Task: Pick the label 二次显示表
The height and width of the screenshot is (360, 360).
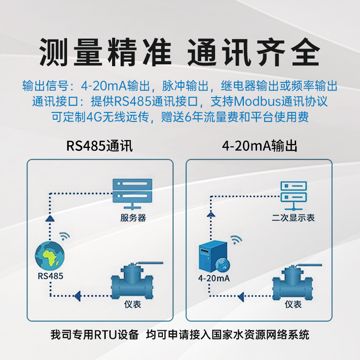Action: (x=293, y=218)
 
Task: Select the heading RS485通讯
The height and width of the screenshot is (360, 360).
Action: (x=99, y=147)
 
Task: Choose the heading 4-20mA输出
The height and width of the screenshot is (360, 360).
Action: (x=260, y=147)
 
